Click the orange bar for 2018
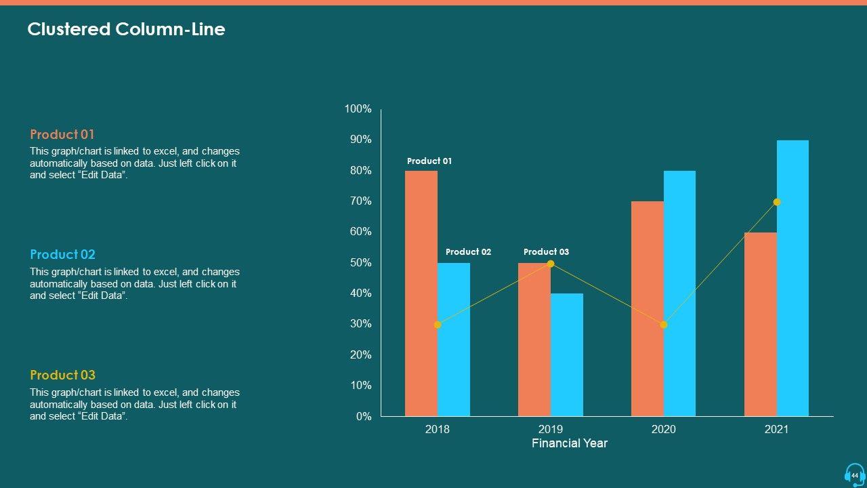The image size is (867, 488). (421, 293)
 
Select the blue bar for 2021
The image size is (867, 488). (792, 278)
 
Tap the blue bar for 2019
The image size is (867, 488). (567, 354)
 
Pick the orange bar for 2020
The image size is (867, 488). (648, 308)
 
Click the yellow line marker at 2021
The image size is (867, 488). (777, 202)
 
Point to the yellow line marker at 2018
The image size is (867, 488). (438, 325)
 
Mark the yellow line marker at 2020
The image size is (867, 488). (664, 325)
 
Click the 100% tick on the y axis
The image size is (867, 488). (358, 109)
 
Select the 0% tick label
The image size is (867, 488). (364, 417)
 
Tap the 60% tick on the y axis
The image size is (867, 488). (360, 232)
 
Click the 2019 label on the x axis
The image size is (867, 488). (551, 429)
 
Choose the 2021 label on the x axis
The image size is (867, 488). (777, 429)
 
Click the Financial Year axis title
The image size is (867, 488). (570, 443)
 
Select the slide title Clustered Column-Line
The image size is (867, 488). (126, 29)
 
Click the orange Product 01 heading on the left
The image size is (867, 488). (62, 134)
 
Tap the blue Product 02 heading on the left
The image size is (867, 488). (62, 254)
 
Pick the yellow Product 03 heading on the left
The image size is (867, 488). (62, 375)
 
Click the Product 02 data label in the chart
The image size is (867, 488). (468, 252)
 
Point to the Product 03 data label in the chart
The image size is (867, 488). (546, 252)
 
